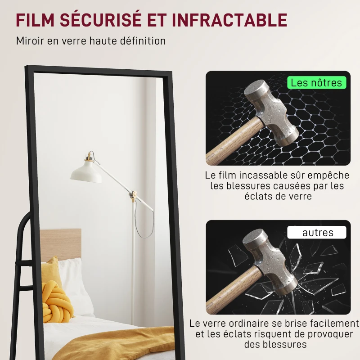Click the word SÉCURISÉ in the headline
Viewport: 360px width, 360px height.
[x=103, y=20]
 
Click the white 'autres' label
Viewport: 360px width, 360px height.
[x=318, y=233]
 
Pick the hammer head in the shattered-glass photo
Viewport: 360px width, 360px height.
[x=270, y=261]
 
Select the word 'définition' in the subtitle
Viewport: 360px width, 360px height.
[x=142, y=40]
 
